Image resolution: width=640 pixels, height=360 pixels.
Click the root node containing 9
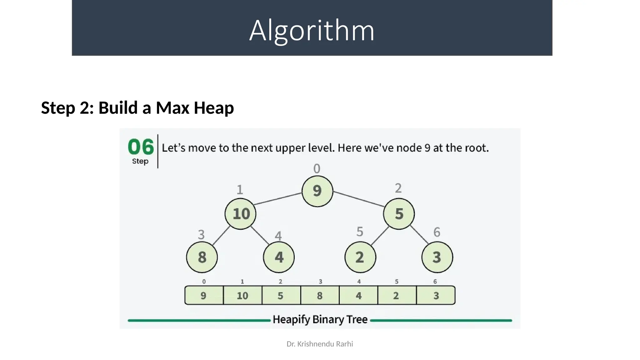coord(317,191)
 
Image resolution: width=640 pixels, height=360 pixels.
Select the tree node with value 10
coord(240,214)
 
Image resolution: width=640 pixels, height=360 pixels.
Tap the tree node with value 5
coord(399,214)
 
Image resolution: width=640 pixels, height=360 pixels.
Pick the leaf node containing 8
coord(202,257)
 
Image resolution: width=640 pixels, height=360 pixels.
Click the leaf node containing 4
coord(279,257)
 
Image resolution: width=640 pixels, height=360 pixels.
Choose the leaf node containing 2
coord(360,257)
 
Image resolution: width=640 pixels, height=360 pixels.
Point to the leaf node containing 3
coord(437,257)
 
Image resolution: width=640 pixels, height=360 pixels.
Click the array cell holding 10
coord(242,295)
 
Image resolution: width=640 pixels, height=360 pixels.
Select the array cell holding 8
coord(320,295)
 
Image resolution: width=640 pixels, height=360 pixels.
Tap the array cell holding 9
coord(204,295)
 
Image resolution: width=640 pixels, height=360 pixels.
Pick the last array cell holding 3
coord(436,295)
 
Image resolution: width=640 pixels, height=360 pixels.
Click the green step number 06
coord(141,147)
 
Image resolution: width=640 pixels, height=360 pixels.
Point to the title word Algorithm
coord(312,30)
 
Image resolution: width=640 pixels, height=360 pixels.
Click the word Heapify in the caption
coord(291,320)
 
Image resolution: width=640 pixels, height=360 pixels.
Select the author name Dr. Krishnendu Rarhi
coord(320,344)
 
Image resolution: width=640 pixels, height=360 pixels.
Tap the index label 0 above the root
coord(317,169)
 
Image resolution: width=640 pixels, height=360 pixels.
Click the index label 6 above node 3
coord(437,232)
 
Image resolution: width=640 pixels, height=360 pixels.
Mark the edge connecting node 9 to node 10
coord(278,199)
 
